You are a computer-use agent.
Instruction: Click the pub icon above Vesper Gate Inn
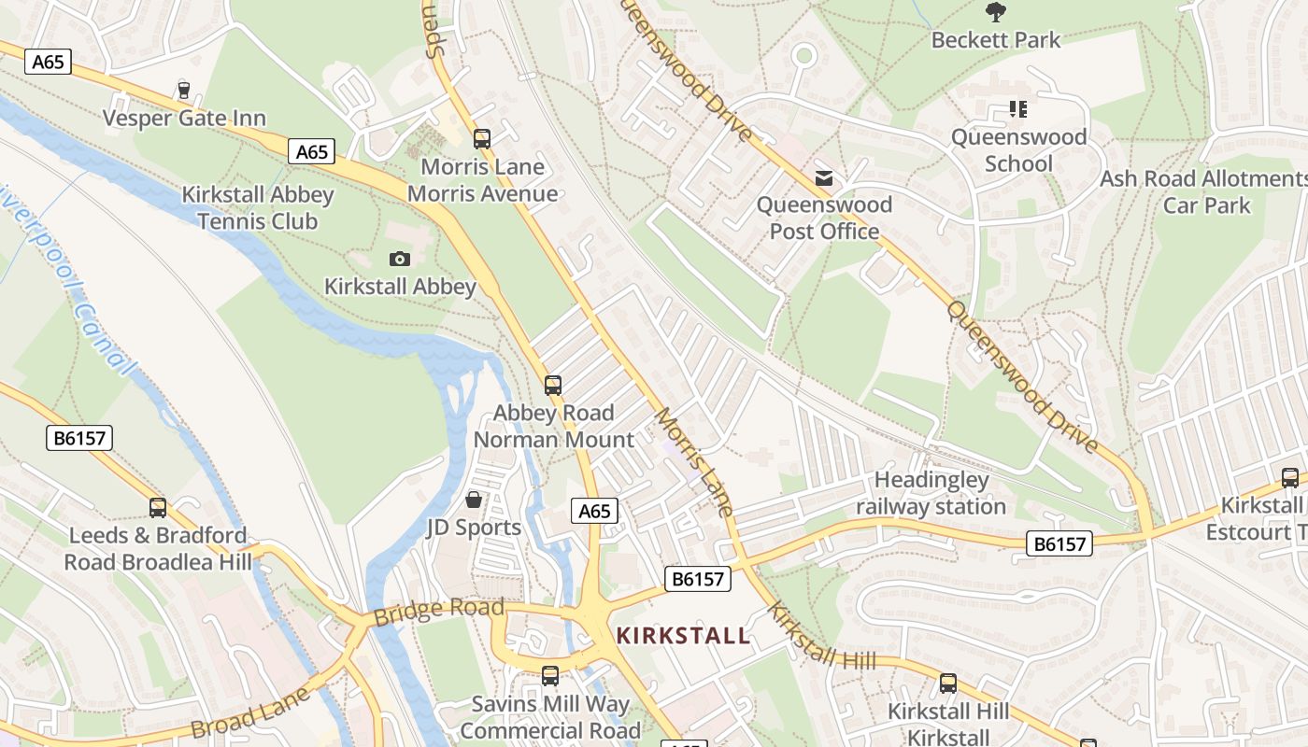[183, 91]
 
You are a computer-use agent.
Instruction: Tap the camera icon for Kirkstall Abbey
[400, 259]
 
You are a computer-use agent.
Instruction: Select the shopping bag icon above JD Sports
[474, 500]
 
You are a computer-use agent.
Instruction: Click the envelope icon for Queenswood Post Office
[824, 177]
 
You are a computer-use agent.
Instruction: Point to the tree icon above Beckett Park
[996, 12]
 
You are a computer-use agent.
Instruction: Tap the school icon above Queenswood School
[1017, 109]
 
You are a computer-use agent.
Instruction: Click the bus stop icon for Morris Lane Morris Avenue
[482, 139]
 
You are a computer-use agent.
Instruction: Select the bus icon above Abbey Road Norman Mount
[553, 385]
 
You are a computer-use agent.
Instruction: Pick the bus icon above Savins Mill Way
[550, 675]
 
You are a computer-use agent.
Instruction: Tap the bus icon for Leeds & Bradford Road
[158, 508]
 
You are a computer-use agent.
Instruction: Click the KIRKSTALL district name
[683, 637]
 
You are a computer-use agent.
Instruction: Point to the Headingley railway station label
[931, 494]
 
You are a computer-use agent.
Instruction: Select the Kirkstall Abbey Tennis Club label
[257, 208]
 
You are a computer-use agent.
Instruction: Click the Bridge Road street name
[438, 612]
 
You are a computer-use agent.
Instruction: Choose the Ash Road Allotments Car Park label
[1205, 191]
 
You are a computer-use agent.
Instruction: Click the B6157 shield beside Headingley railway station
[1059, 543]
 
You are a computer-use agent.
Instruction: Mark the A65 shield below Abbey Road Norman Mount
[594, 511]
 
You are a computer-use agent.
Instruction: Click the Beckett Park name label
[996, 40]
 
